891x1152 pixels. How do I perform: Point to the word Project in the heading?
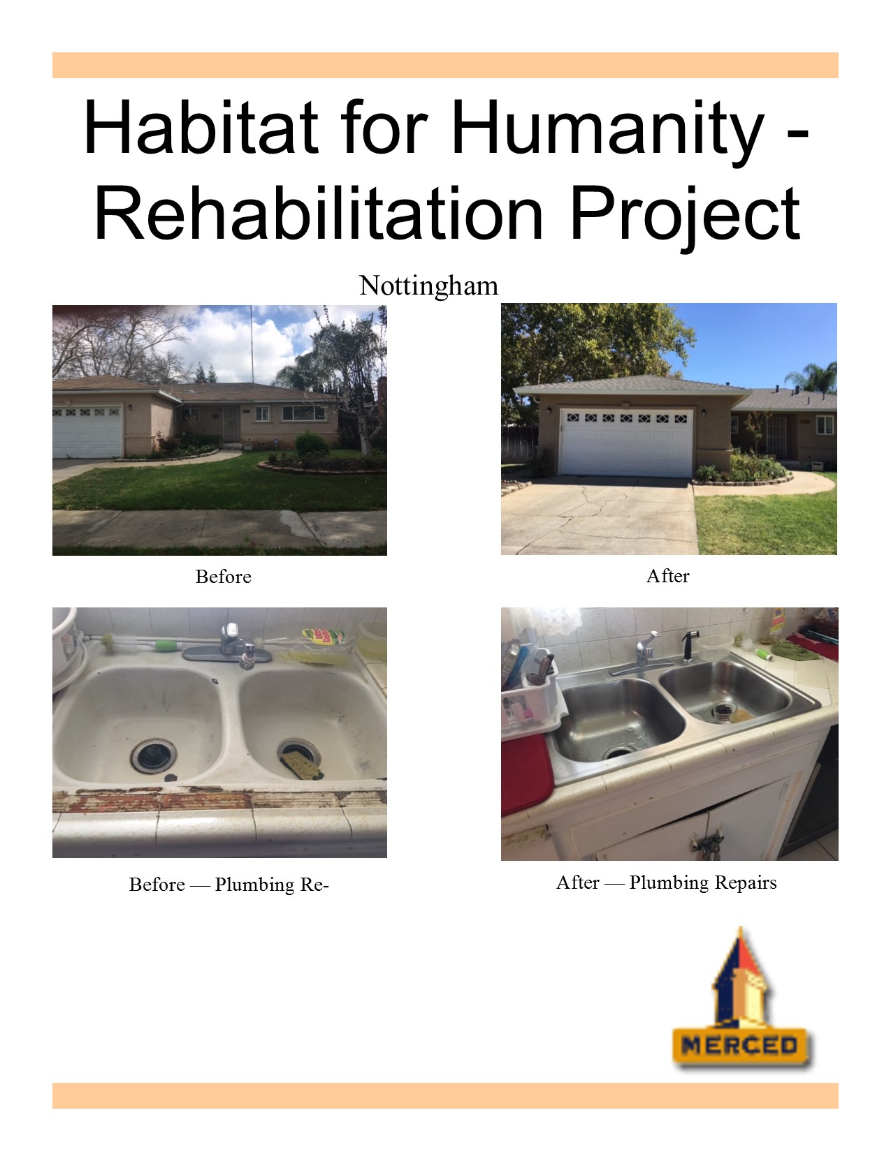(685, 218)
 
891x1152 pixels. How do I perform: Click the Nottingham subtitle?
(429, 286)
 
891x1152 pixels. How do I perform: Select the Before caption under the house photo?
(224, 576)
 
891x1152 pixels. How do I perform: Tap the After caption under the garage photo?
(667, 576)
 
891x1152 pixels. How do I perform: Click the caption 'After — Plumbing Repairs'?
(667, 883)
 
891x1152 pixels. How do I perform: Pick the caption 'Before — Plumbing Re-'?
(229, 885)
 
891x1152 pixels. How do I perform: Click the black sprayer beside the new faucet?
(689, 646)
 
